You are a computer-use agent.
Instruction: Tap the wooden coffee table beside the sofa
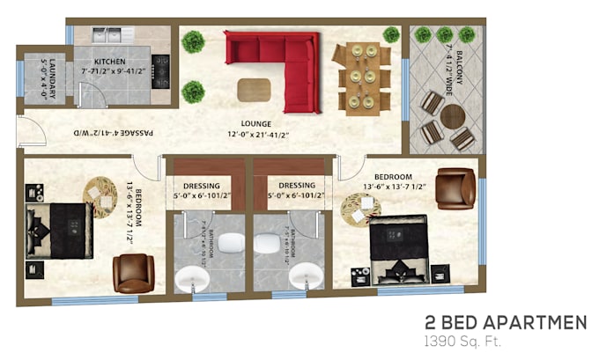pos(255,89)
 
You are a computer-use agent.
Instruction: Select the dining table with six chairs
pos(361,77)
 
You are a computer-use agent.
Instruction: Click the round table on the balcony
pos(453,117)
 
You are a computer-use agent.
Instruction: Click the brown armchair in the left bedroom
pos(133,273)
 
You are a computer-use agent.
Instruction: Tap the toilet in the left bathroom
pos(231,243)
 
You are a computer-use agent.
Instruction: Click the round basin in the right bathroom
pos(305,276)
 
